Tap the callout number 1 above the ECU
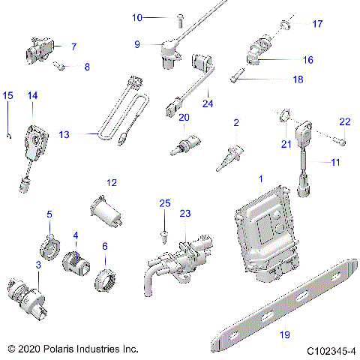tap(261, 179)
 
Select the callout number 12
tap(112, 182)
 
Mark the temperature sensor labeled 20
tap(184, 142)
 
